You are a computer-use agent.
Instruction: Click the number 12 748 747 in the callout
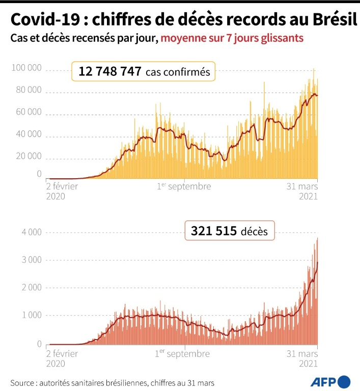point(109,72)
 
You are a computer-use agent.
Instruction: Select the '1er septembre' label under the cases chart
point(183,186)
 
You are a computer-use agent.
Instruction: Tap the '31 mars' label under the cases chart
point(303,186)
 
